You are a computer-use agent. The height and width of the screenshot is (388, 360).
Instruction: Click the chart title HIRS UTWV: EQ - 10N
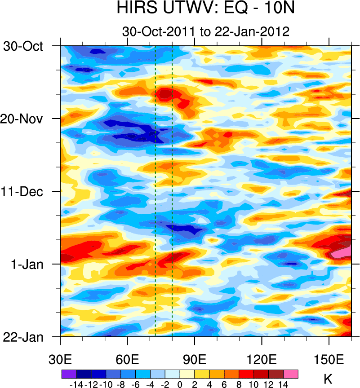[x=205, y=9]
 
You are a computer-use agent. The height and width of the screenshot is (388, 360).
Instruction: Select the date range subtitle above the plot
[x=205, y=32]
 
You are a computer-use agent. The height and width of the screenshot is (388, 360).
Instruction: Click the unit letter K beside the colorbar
[x=329, y=380]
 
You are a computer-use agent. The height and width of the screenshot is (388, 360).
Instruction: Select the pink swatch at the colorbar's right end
[x=291, y=374]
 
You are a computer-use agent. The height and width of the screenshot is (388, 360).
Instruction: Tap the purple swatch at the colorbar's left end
[x=69, y=374]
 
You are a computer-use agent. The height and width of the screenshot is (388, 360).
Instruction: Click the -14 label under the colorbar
[x=77, y=384]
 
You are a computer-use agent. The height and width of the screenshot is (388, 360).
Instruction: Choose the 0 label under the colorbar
[x=180, y=384]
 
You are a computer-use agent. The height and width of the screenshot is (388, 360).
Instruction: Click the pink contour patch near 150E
[x=340, y=252]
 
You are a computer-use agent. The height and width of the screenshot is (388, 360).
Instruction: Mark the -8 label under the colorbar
[x=121, y=384]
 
